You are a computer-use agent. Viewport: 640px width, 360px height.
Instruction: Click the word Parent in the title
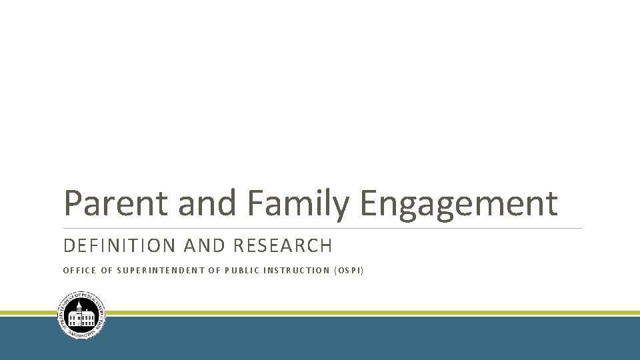117,203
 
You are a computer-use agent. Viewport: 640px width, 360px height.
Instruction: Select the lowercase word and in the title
207,203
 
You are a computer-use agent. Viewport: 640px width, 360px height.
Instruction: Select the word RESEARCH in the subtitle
282,246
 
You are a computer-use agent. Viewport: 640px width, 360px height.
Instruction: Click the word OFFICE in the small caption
78,271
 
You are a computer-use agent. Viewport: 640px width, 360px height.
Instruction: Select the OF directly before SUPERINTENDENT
107,271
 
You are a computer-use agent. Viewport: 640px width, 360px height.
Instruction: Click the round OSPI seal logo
81,315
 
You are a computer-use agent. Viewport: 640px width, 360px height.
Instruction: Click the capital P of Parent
72,203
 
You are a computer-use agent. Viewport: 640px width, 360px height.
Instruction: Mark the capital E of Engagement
371,203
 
